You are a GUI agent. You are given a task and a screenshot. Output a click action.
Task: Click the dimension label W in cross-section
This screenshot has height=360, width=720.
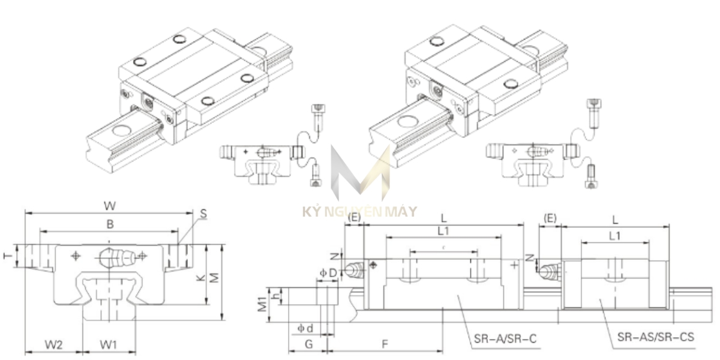click(x=110, y=206)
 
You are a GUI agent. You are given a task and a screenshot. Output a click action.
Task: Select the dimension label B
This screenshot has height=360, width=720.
click(x=109, y=224)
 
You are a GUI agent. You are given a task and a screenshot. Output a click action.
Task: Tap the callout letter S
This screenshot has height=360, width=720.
click(x=203, y=213)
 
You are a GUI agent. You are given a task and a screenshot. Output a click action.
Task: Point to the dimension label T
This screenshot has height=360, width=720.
click(x=8, y=256)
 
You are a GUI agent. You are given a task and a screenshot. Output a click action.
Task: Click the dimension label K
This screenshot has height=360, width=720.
click(x=200, y=277)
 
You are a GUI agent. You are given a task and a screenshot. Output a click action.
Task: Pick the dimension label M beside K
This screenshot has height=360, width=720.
click(x=212, y=277)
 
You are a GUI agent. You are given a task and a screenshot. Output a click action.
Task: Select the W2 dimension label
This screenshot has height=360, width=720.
click(x=54, y=345)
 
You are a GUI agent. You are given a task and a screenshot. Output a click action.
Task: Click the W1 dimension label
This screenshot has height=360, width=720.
click(x=109, y=345)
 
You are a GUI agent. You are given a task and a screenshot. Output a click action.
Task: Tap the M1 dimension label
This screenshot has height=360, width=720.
click(x=263, y=304)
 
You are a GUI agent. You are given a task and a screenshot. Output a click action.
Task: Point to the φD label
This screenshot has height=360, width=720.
click(x=328, y=273)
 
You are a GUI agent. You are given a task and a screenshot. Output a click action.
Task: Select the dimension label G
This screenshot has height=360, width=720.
click(x=308, y=344)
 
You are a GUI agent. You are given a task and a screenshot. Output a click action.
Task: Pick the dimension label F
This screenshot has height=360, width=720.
click(x=385, y=344)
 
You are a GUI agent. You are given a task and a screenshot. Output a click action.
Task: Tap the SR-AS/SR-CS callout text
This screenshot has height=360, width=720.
click(x=655, y=337)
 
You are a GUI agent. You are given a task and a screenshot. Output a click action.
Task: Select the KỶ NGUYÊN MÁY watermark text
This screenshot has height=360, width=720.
click(x=359, y=212)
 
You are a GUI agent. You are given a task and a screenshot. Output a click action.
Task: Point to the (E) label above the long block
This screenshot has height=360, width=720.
click(x=354, y=217)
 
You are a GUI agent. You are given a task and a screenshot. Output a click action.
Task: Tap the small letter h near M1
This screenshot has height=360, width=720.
click(x=275, y=296)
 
